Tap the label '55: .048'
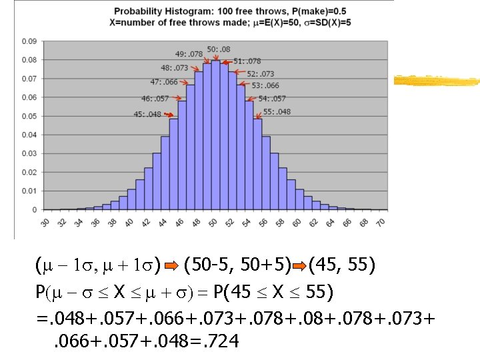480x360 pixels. (277, 111)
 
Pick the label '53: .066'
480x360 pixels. (265, 85)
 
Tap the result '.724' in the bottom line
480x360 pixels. (217, 342)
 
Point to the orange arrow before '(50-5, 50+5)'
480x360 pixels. (172, 269)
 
